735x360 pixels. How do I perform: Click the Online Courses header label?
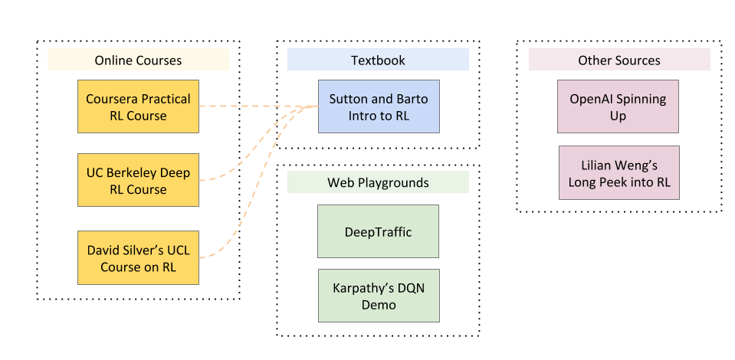click(x=138, y=60)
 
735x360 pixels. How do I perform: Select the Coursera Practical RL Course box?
click(x=138, y=107)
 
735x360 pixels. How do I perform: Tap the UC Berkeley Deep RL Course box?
click(x=138, y=181)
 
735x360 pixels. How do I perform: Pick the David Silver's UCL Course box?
click(x=138, y=258)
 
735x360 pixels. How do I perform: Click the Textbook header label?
click(x=378, y=60)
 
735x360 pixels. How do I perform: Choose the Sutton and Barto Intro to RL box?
click(x=379, y=107)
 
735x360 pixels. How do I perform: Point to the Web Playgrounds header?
click(x=378, y=182)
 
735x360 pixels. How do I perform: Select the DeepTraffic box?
click(x=378, y=231)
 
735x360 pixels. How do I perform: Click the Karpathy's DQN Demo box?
click(x=378, y=296)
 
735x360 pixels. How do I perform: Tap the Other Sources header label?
click(x=619, y=60)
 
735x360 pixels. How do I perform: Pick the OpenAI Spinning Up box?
click(x=619, y=107)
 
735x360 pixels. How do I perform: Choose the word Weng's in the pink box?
click(x=630, y=165)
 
